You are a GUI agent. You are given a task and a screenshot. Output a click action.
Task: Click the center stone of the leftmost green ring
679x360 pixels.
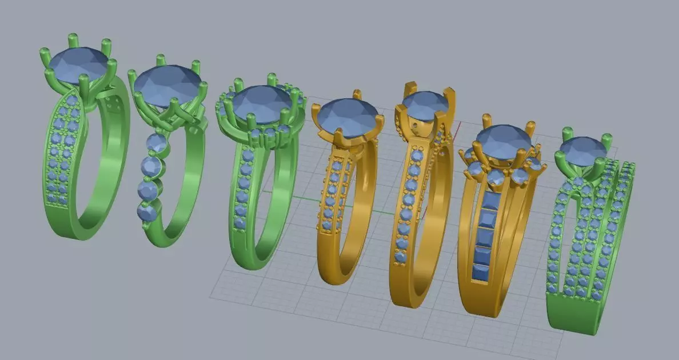pyautogui.click(x=79, y=63)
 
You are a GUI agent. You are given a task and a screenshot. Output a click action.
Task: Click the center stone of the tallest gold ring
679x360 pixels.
pyautogui.click(x=426, y=106)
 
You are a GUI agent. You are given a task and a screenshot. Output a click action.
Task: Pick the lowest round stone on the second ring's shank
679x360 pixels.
pyautogui.click(x=146, y=213)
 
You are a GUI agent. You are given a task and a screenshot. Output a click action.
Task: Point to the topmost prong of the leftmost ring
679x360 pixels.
pyautogui.click(x=73, y=39)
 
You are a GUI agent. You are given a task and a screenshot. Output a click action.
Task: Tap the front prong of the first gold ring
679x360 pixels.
pyautogui.click(x=339, y=137)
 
